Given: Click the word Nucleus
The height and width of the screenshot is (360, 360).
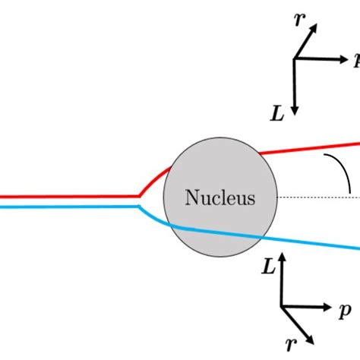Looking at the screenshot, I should pos(220,199).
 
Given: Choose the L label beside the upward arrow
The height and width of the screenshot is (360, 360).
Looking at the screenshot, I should pos(267,266).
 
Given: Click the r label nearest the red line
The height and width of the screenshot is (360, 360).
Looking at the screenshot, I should pos(298,21).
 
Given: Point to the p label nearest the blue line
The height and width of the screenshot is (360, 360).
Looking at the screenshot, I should pos(346,310).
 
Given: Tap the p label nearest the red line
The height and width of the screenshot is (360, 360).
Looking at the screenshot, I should pos(355,58).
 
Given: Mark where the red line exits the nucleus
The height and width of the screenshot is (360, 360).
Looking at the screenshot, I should pos(261,154).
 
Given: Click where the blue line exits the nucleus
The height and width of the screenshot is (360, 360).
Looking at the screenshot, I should pos(262,238).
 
